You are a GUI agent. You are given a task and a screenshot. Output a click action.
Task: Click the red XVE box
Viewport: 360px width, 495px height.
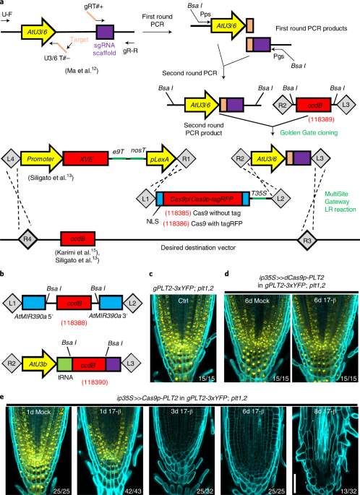coord(85,157)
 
